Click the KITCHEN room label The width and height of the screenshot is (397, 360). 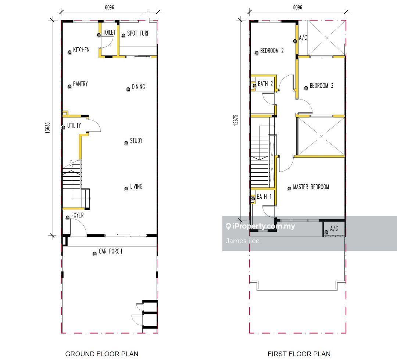(81, 50)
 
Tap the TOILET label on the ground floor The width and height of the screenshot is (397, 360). (109, 32)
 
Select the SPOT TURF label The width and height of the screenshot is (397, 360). (138, 33)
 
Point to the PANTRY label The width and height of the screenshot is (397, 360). (81, 84)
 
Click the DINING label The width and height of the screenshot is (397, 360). (139, 87)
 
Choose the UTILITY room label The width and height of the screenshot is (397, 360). (74, 126)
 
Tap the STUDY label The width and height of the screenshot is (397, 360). (136, 141)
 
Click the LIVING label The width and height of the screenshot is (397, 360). (136, 187)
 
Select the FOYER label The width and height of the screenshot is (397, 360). (78, 215)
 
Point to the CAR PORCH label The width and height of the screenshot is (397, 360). (110, 251)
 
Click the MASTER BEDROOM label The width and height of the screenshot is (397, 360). (311, 187)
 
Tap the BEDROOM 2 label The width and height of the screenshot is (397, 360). (272, 51)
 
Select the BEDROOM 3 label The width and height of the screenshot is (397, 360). (321, 86)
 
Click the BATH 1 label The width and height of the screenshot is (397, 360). (264, 197)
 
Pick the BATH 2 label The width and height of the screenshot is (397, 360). (265, 84)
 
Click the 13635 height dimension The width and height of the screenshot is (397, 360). (47, 128)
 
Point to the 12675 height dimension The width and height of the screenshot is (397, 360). (236, 120)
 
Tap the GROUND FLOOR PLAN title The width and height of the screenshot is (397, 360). (102, 354)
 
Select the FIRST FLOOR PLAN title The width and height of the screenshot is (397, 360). (299, 354)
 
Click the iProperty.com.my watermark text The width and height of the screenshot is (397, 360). (264, 226)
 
